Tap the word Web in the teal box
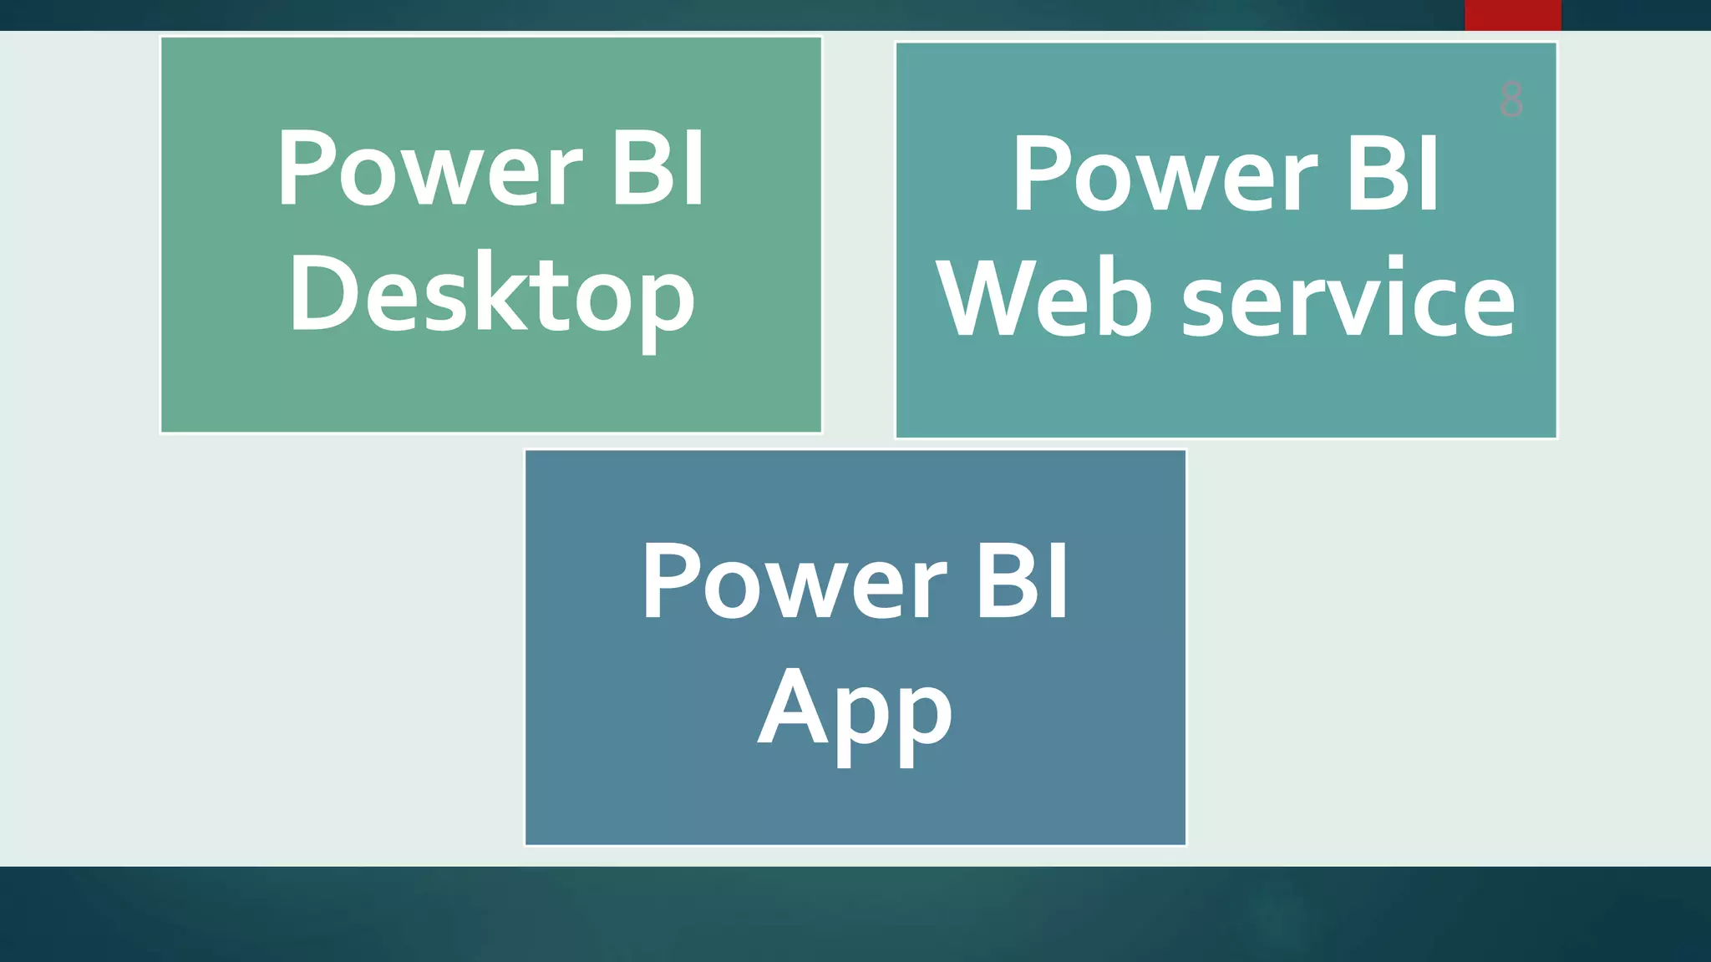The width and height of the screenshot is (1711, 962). tap(1044, 299)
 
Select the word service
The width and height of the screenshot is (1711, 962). tap(1348, 299)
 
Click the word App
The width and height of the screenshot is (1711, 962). tap(855, 710)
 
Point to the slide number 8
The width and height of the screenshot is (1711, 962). tap(1511, 100)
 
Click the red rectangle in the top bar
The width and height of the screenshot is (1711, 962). tap(1512, 15)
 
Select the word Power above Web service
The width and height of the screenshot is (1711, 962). tap(1165, 175)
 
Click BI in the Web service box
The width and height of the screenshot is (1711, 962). tap(1394, 175)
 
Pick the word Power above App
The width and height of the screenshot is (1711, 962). tap(794, 581)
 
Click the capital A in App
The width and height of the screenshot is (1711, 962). tap(789, 706)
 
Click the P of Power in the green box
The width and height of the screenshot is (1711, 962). tap(306, 169)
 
